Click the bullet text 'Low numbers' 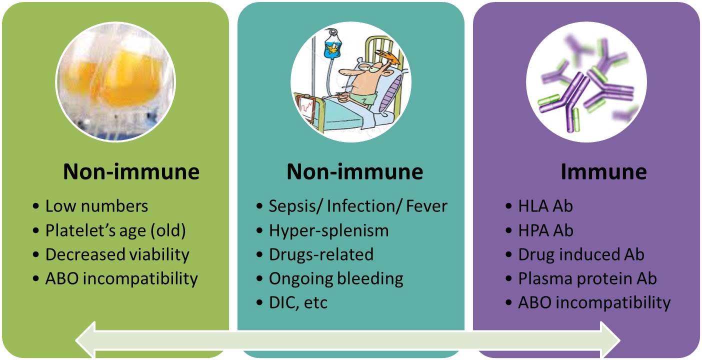(x=96, y=206)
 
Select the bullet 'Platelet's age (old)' (x=115, y=230)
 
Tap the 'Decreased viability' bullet (x=117, y=254)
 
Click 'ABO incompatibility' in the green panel (x=121, y=278)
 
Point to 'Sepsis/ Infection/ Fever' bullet (x=358, y=206)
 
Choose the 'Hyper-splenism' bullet (x=328, y=230)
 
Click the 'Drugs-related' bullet (x=321, y=254)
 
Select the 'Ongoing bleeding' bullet (x=336, y=279)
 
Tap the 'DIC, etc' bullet (x=298, y=302)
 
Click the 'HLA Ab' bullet (x=545, y=206)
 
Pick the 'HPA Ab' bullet (x=545, y=230)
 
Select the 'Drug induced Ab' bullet (x=581, y=254)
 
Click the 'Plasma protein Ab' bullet (x=587, y=278)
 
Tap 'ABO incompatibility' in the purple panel (x=594, y=302)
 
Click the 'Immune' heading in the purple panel (x=603, y=171)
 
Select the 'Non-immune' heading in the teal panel (x=355, y=171)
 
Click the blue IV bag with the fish (x=332, y=46)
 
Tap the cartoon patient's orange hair (x=387, y=57)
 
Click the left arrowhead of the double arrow (x=85, y=340)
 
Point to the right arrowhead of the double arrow (x=610, y=340)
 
